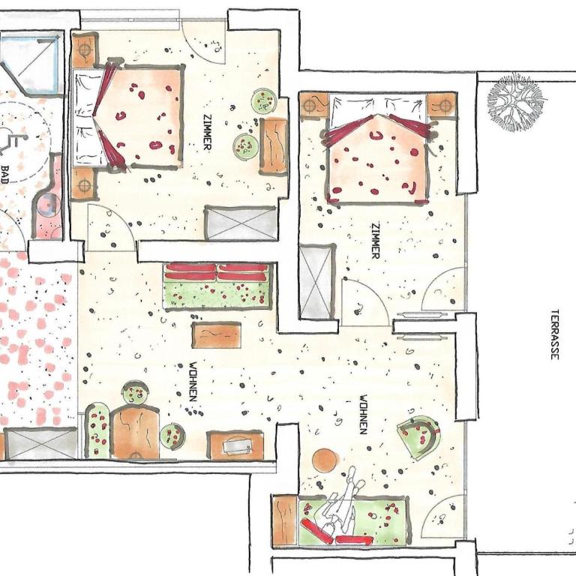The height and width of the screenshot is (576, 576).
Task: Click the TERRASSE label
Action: click(555, 334)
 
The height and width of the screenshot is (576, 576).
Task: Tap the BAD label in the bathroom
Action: click(4, 175)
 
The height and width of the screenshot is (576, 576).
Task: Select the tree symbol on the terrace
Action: click(515, 101)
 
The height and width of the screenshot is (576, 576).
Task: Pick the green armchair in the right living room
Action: click(418, 436)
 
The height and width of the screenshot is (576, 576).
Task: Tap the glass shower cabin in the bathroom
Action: click(31, 62)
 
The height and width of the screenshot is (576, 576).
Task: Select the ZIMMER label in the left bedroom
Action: click(208, 131)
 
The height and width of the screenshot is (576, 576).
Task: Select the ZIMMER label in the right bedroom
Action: click(376, 240)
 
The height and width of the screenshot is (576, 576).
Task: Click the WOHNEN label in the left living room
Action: click(193, 381)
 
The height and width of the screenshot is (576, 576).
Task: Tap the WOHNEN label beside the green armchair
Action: click(363, 414)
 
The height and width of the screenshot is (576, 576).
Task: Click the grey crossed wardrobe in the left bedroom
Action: click(241, 223)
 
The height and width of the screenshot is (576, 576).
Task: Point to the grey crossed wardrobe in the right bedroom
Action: click(316, 281)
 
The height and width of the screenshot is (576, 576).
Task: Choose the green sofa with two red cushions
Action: click(219, 286)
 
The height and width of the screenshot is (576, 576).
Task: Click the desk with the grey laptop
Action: click(235, 445)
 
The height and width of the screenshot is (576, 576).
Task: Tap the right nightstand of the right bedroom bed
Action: click(442, 105)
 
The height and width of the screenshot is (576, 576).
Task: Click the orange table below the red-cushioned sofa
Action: click(216, 334)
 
